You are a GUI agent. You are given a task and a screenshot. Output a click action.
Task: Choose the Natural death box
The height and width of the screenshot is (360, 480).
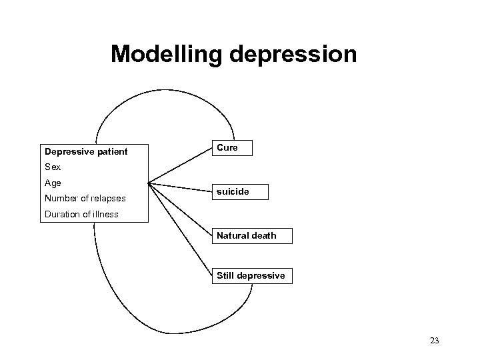tap(251, 235)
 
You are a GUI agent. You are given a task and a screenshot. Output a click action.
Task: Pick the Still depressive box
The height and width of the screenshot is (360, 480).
tap(251, 275)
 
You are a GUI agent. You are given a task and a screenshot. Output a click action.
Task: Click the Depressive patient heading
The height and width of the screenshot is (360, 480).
tap(85, 152)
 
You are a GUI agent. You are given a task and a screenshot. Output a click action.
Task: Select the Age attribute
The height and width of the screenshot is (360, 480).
tap(53, 183)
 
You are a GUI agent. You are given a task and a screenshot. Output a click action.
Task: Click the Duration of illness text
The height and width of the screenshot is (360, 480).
tap(81, 214)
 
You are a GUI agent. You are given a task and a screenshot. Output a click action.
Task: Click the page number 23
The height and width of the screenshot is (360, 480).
tap(435, 341)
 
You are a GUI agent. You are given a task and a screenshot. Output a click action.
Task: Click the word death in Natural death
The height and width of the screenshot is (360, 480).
tap(263, 235)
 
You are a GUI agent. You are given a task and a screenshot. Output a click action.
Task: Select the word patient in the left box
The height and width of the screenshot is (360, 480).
tap(111, 152)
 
